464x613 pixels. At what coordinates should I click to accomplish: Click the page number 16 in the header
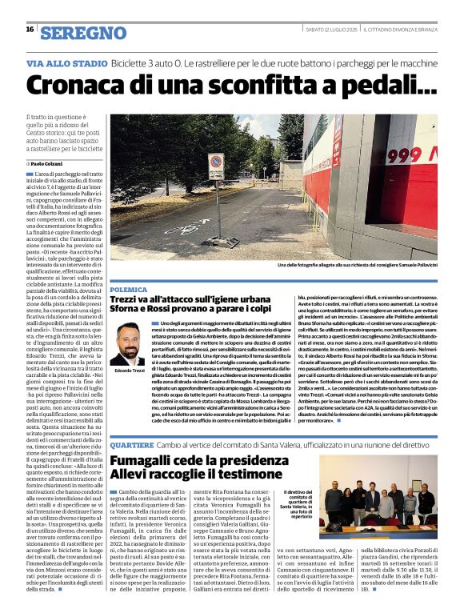30,30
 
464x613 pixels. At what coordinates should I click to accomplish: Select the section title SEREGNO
83,33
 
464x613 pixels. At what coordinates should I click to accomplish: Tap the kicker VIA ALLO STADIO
66,62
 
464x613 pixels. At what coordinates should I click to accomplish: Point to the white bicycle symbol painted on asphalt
187,228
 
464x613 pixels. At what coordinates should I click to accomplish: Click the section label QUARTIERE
132,444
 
